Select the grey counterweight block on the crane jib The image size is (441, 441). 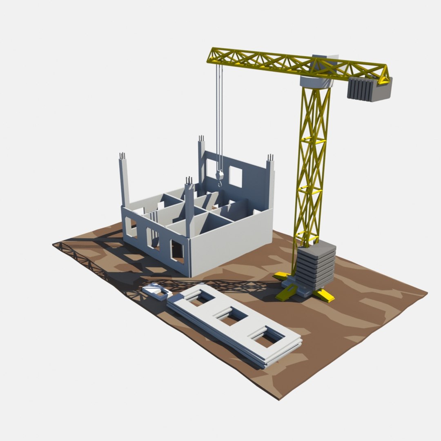pos(369,89)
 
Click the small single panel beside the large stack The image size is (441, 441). pos(157,291)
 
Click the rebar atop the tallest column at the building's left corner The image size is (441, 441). pos(122,156)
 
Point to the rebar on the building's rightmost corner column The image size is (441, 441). pos(270,158)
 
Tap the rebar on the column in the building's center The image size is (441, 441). pos(189,180)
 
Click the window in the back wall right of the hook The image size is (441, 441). pos(235,176)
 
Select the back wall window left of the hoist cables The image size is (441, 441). pos(211,167)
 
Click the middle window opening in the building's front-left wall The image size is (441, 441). pos(152,238)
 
